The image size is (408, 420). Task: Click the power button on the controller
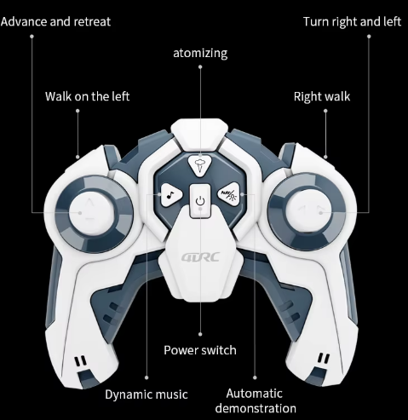click(x=200, y=201)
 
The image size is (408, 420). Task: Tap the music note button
click(x=171, y=194)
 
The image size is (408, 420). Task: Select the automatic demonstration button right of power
click(x=228, y=194)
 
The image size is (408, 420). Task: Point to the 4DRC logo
click(x=200, y=257)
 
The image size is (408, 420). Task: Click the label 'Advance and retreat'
click(x=55, y=22)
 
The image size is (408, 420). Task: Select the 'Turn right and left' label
click(x=352, y=22)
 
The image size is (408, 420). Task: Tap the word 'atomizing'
click(x=200, y=54)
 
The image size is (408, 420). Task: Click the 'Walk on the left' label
click(x=87, y=96)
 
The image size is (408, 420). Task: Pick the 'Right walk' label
click(x=322, y=97)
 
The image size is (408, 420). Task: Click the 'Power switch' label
click(x=200, y=350)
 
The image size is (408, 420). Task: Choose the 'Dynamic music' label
click(x=147, y=394)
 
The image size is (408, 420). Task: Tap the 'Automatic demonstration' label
click(x=256, y=400)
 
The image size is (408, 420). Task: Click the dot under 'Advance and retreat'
click(x=32, y=37)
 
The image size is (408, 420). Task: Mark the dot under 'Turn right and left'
click(x=369, y=37)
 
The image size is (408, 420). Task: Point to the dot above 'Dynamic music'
click(x=147, y=377)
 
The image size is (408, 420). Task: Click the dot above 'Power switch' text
click(x=200, y=334)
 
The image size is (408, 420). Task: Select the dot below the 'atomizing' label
click(x=200, y=67)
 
